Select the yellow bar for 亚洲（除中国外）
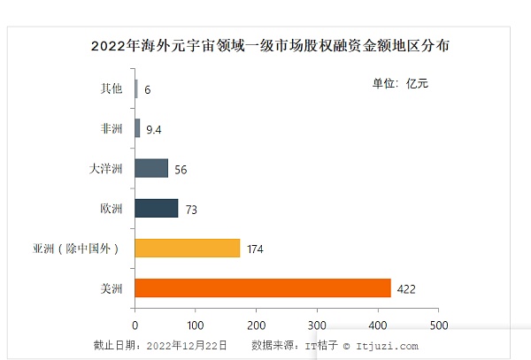pyautogui.click(x=187, y=248)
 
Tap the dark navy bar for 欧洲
pyautogui.click(x=156, y=209)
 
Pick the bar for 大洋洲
pyautogui.click(x=150, y=168)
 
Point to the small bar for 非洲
pyautogui.click(x=137, y=128)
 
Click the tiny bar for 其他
pyautogui.click(x=136, y=88)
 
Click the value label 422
pyautogui.click(x=406, y=289)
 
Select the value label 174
pyautogui.click(x=255, y=249)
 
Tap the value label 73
pyautogui.click(x=191, y=210)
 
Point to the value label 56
pyautogui.click(x=181, y=170)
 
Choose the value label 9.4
pyautogui.click(x=154, y=130)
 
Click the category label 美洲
pyautogui.click(x=112, y=288)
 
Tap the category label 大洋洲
pyautogui.click(x=106, y=168)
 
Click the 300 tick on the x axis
pyautogui.click(x=317, y=324)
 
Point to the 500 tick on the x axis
pyautogui.click(x=438, y=324)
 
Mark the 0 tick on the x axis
pyautogui.click(x=135, y=324)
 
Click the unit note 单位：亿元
pyautogui.click(x=400, y=84)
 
